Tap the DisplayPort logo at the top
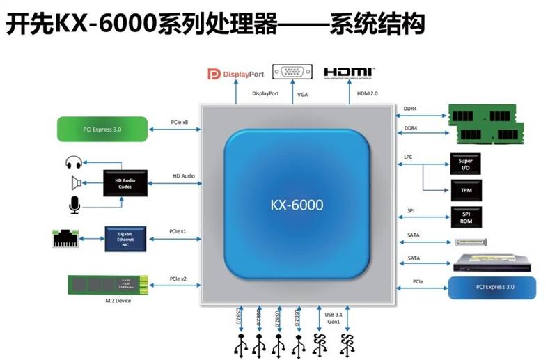click(x=239, y=73)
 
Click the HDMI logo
click(x=349, y=72)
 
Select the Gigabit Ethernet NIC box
click(x=125, y=238)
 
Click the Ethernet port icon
click(x=65, y=237)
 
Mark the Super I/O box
click(x=465, y=164)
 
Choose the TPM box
click(x=465, y=189)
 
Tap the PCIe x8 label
click(x=180, y=122)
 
